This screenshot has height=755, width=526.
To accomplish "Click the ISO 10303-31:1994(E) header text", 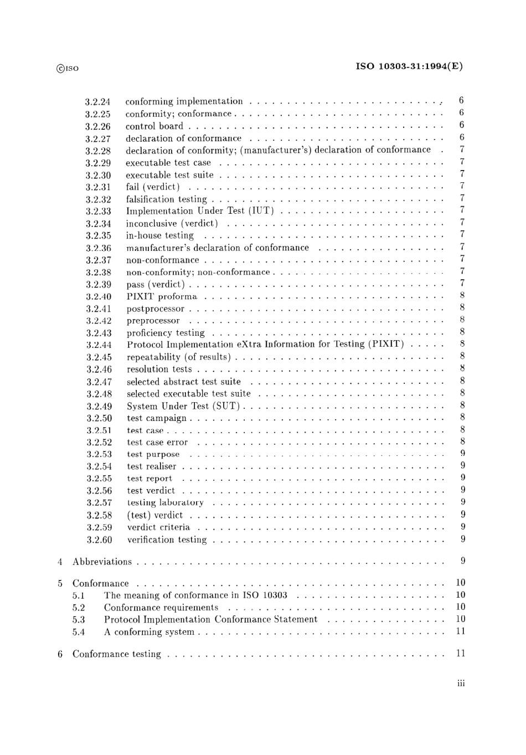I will point(409,66).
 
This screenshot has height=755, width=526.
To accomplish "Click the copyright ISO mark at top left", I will point(68,69).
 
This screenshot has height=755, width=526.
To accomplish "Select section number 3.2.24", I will point(97,102).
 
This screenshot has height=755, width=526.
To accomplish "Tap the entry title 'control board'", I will point(154,126).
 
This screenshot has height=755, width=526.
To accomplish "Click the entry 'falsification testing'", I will point(166,199).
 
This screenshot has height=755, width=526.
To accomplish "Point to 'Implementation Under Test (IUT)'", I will point(199,211).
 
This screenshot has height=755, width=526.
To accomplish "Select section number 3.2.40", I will point(99,297).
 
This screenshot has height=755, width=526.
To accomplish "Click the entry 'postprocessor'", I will point(155,309).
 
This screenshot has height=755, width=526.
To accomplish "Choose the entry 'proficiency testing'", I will point(166,333).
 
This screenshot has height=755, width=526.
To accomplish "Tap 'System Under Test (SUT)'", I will point(183,406).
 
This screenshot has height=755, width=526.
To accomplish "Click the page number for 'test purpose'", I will point(462,454).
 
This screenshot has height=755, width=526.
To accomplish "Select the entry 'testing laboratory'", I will point(165,503).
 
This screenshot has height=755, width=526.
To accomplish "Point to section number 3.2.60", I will point(99,540).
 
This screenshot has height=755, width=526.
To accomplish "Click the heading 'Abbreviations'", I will point(102,562).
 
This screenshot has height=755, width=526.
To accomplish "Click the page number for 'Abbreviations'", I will point(462,561).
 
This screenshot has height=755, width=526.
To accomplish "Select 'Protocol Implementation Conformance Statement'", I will point(210,620).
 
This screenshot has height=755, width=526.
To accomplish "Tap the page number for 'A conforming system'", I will point(461,631).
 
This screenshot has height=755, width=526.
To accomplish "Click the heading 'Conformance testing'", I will point(116,654).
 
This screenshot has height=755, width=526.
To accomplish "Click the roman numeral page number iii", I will point(461,684).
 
